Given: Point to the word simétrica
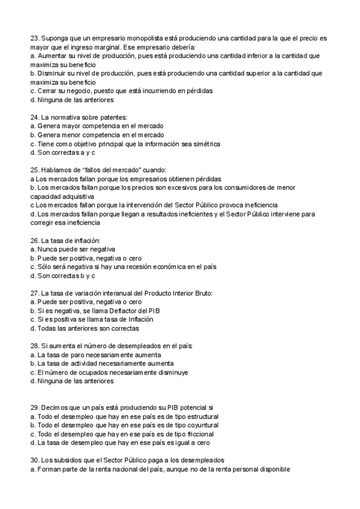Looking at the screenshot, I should (x=205, y=144).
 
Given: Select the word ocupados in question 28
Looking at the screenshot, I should (x=85, y=372).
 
